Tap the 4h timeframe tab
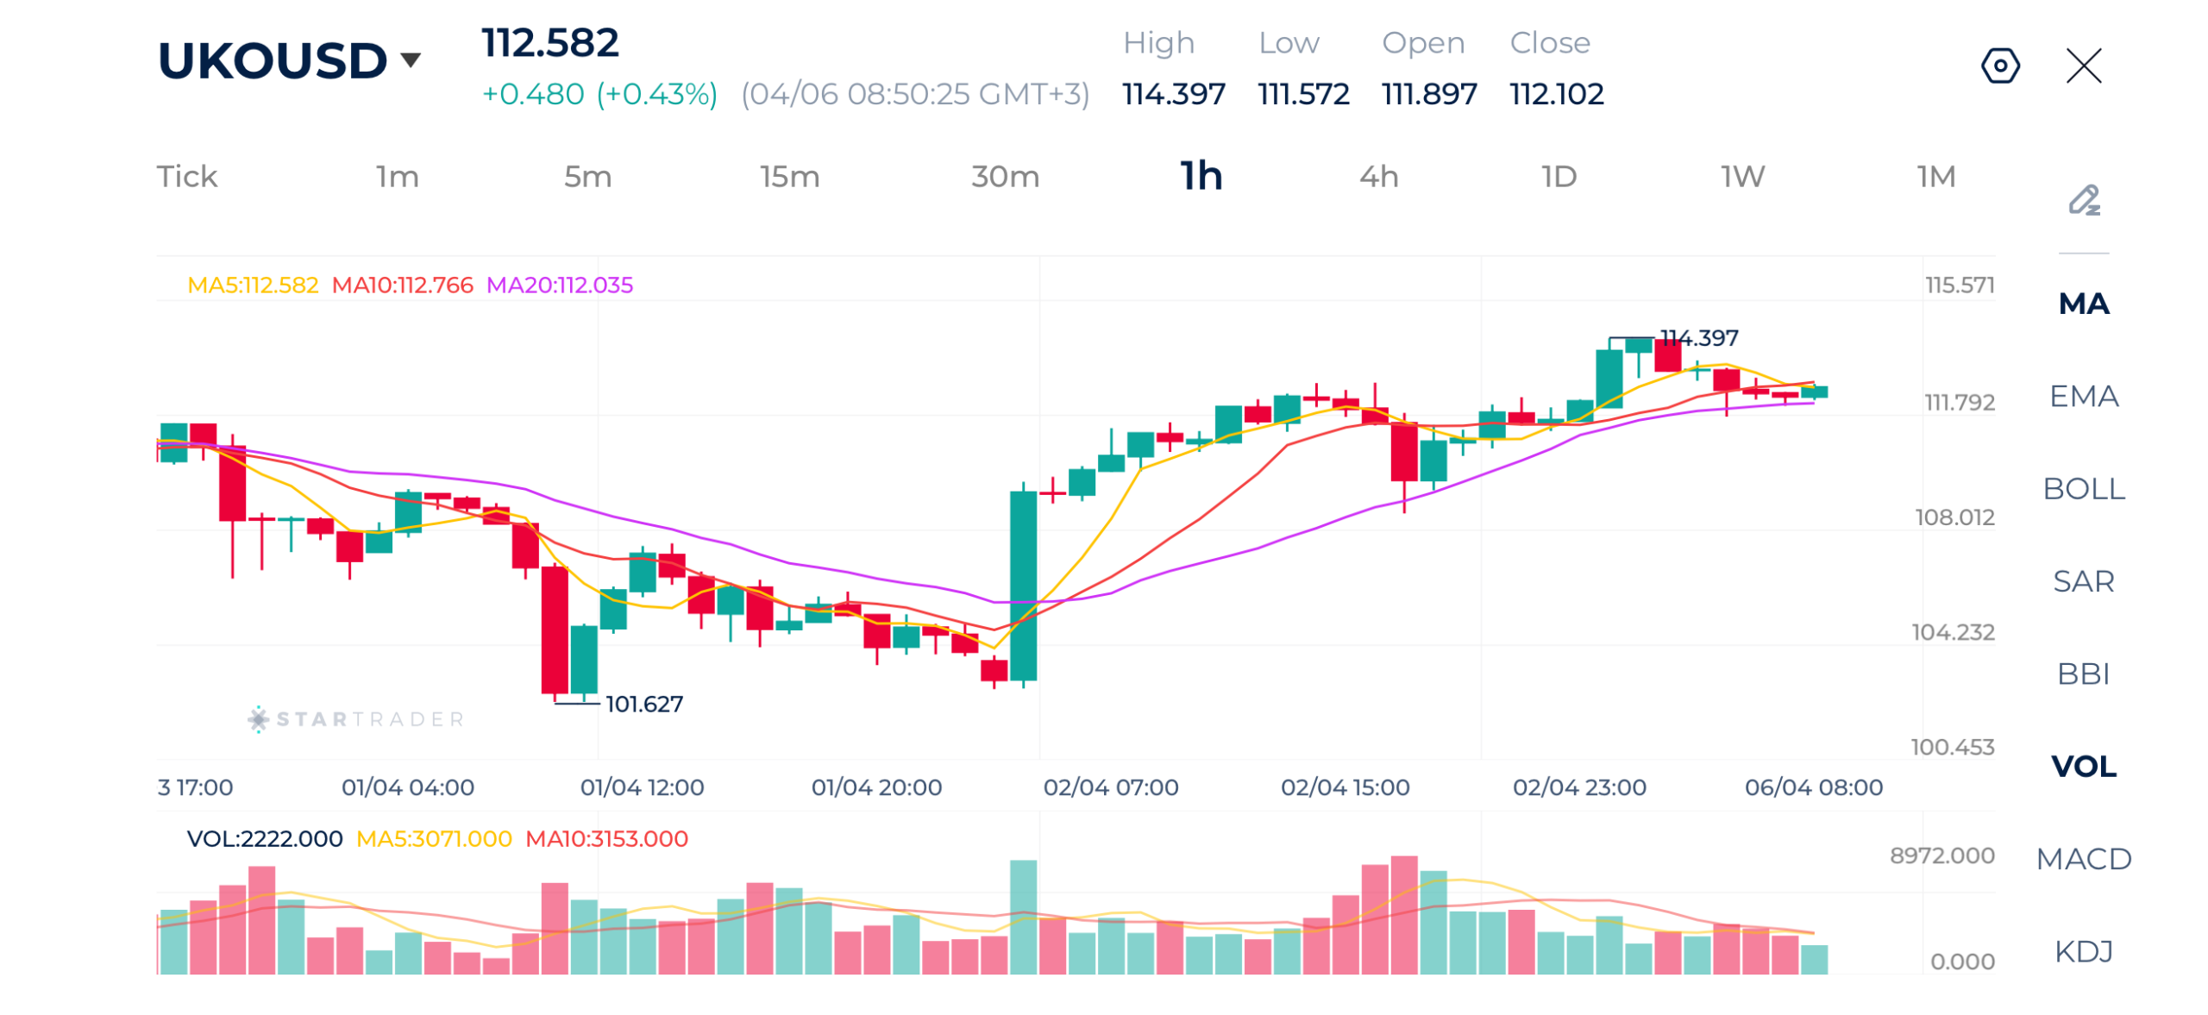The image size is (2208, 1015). pyautogui.click(x=1378, y=177)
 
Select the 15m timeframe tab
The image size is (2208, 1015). pyautogui.click(x=788, y=177)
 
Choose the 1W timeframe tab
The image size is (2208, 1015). pyautogui.click(x=1741, y=177)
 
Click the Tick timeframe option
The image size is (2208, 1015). pyautogui.click(x=186, y=177)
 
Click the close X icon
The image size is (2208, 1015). pyautogui.click(x=2083, y=66)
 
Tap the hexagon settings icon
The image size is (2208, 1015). pyautogui.click(x=1999, y=66)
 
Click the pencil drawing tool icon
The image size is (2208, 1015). pyautogui.click(x=2084, y=200)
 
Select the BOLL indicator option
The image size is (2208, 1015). pyautogui.click(x=2083, y=488)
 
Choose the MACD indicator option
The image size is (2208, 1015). pyautogui.click(x=2083, y=858)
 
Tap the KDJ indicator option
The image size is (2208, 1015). pyautogui.click(x=2083, y=950)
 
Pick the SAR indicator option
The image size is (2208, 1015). pyautogui.click(x=2083, y=580)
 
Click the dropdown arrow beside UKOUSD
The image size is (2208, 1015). pyautogui.click(x=411, y=60)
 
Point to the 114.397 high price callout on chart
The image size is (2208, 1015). pyautogui.click(x=1698, y=337)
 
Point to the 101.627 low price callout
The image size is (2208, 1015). pyautogui.click(x=643, y=704)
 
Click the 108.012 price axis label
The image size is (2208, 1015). pyautogui.click(x=1954, y=517)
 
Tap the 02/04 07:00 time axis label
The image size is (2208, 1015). pyautogui.click(x=1110, y=786)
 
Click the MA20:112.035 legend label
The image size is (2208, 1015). pyautogui.click(x=559, y=285)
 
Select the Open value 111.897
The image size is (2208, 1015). pyautogui.click(x=1428, y=93)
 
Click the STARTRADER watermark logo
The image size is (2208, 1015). pyautogui.click(x=356, y=718)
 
